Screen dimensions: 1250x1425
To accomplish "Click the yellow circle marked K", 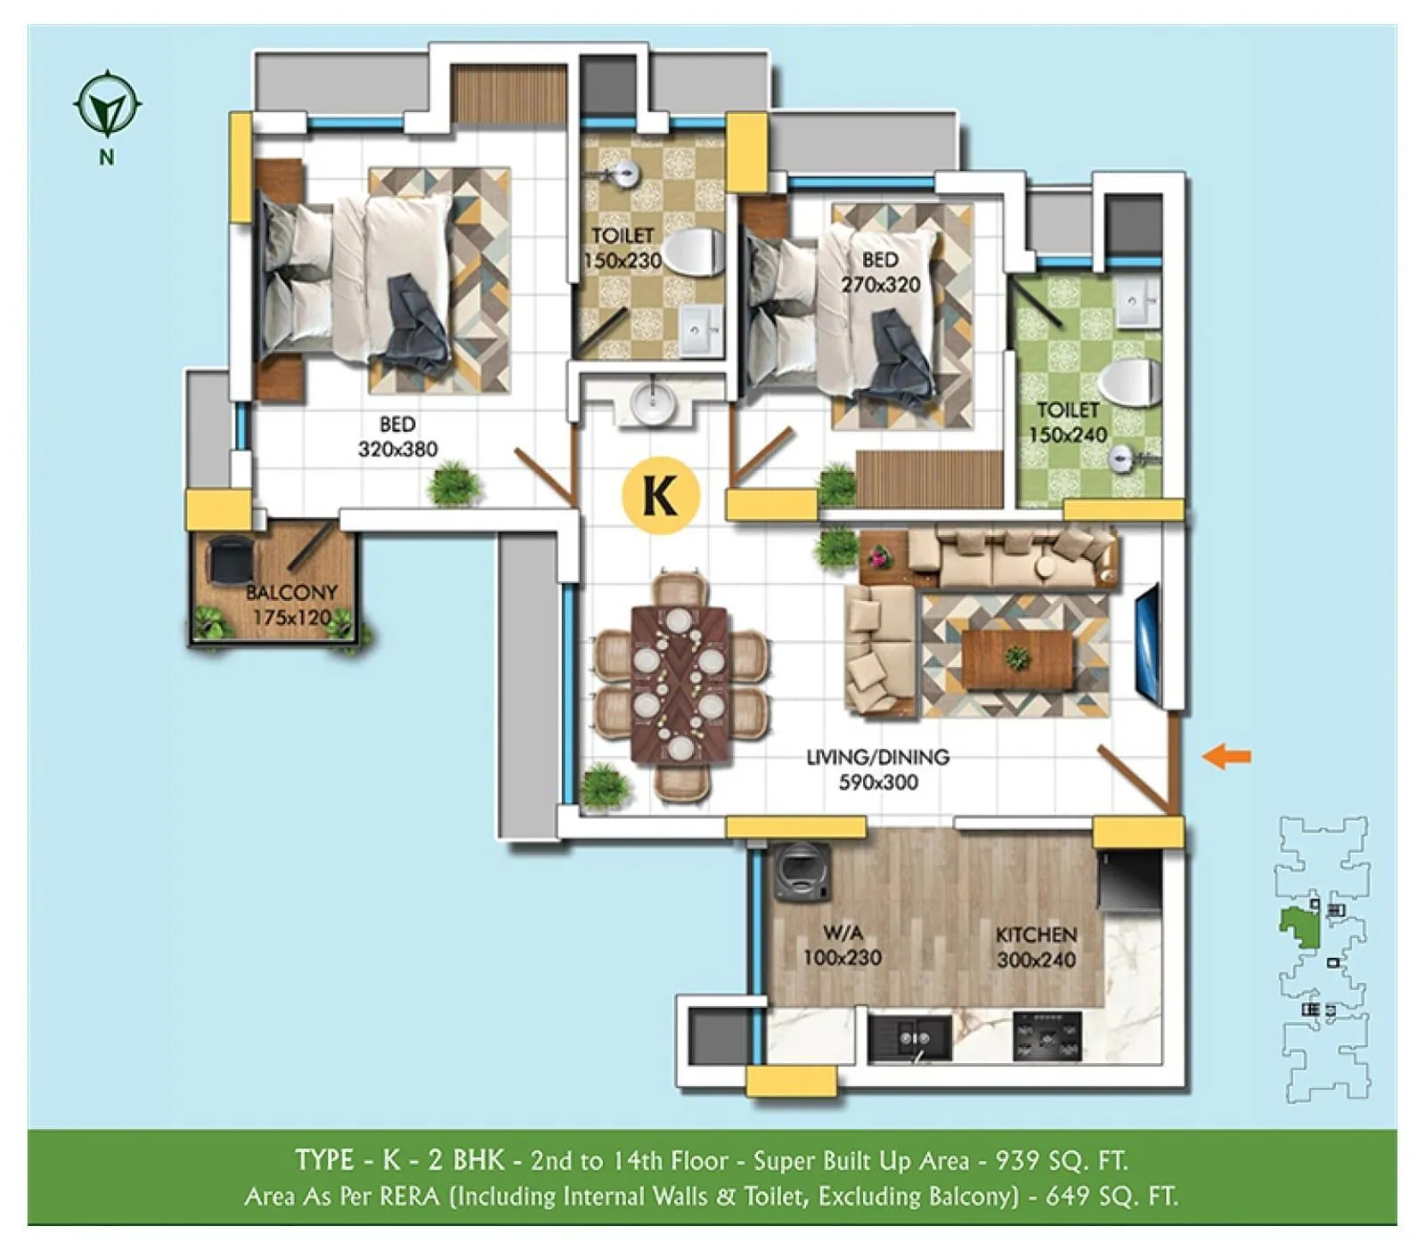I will click(661, 495).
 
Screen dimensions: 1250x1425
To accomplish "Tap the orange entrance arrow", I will click(1226, 757).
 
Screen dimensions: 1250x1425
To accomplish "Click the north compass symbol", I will click(108, 104).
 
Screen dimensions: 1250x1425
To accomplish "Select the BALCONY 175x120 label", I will click(291, 605).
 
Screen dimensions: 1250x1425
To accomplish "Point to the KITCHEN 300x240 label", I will click(1036, 946).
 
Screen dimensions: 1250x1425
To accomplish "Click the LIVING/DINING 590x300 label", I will click(878, 769).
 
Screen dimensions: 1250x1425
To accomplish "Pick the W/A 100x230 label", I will click(842, 946).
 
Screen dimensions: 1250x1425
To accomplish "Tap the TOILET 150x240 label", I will click(1068, 422).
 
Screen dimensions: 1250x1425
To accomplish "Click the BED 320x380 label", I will click(397, 436).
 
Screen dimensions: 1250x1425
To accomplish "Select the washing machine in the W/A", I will click(802, 873).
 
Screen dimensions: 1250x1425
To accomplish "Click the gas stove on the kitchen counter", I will click(1047, 1035).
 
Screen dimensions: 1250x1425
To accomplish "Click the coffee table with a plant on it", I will click(1016, 659).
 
